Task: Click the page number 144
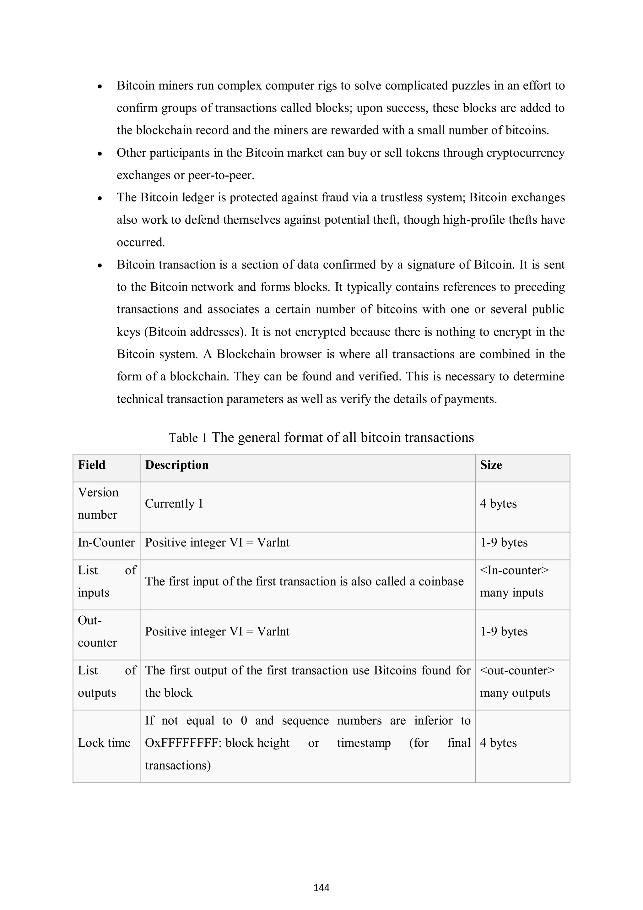pyautogui.click(x=321, y=888)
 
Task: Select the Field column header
pyautogui.click(x=91, y=465)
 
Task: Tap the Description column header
pyautogui.click(x=177, y=465)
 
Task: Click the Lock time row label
pyautogui.click(x=104, y=743)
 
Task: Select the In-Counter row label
pyautogui.click(x=106, y=542)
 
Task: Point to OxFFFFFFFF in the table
pyautogui.click(x=183, y=743)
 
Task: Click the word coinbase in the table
pyautogui.click(x=441, y=581)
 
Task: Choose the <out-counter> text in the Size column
pyautogui.click(x=517, y=670)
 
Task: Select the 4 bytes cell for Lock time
pyautogui.click(x=498, y=743)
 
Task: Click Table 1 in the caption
pyautogui.click(x=187, y=438)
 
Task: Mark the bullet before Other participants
pyautogui.click(x=100, y=153)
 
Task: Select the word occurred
pyautogui.click(x=140, y=242)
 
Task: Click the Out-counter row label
pyautogui.click(x=97, y=631)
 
